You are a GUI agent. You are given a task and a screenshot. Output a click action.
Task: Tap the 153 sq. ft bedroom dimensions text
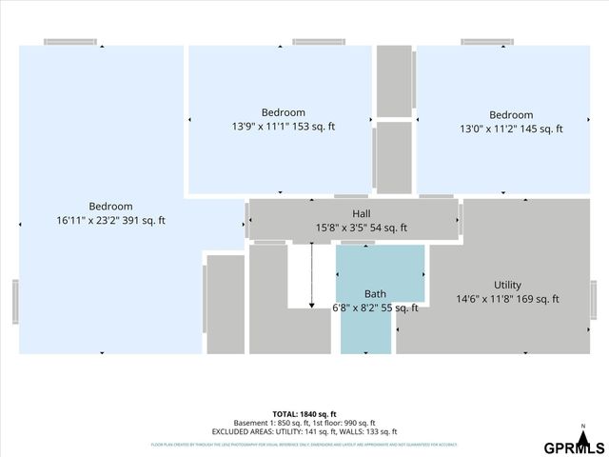[x=283, y=126]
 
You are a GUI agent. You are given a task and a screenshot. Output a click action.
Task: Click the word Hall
[x=361, y=214]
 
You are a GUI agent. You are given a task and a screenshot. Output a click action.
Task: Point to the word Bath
[x=375, y=293]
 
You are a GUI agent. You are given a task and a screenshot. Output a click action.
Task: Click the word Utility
[x=507, y=285]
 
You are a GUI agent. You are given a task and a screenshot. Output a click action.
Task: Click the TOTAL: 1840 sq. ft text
[x=304, y=414]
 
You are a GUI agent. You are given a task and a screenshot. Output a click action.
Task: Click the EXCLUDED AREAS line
[x=304, y=431]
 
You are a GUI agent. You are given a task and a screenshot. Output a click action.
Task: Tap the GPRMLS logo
[x=573, y=447]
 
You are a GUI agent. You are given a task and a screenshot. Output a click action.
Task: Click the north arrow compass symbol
[x=582, y=430]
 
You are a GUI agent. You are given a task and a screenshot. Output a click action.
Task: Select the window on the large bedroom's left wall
[x=15, y=301]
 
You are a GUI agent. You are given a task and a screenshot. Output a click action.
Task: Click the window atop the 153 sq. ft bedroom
[x=318, y=42]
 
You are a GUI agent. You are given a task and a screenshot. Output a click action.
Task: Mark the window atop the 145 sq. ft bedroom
[x=488, y=42]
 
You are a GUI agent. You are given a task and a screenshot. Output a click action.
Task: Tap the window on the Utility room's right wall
[x=593, y=301]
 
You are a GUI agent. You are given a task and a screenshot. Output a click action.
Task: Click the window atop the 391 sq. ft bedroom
[x=70, y=42]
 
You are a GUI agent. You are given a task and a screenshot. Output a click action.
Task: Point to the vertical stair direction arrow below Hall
[x=312, y=276]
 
